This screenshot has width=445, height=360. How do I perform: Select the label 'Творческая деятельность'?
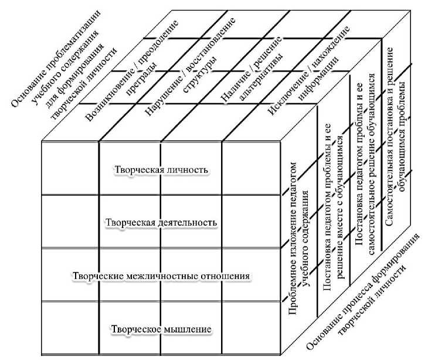click(x=161, y=222)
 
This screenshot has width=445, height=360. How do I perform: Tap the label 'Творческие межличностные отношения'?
click(x=161, y=276)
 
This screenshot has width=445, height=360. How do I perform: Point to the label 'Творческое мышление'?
click(x=161, y=328)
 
